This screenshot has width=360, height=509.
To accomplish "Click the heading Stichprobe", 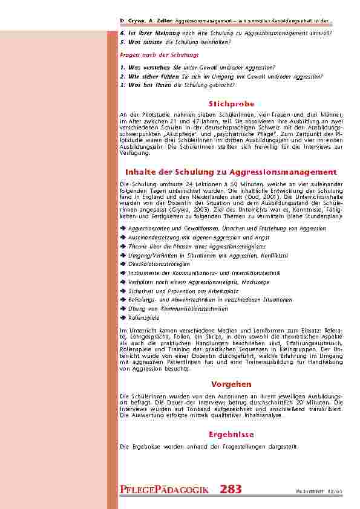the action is click(231, 104).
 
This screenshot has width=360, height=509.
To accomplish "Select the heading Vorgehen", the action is click(231, 384).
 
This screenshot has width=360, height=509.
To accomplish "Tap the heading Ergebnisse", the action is click(231, 434).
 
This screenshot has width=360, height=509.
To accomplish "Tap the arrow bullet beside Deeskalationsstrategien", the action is click(123, 264).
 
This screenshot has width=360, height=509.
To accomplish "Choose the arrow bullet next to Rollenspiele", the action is click(123, 317).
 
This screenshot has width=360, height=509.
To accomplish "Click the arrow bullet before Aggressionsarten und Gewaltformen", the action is click(123, 229).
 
